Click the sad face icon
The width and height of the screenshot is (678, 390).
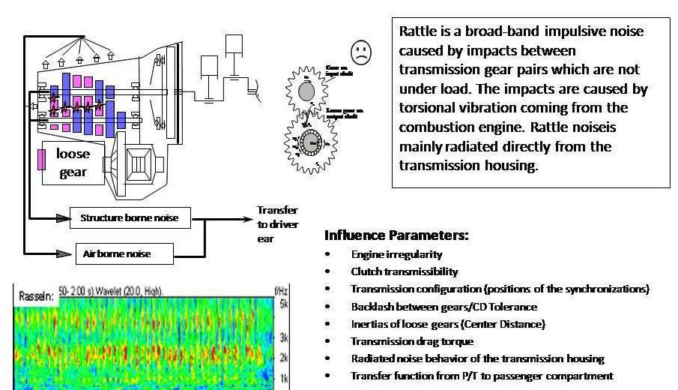(x=361, y=52)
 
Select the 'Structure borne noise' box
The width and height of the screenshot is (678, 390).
(x=130, y=219)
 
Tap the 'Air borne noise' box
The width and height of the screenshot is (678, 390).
(x=124, y=253)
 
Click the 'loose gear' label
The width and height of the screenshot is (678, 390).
(x=73, y=163)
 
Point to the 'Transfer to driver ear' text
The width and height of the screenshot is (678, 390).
(x=276, y=224)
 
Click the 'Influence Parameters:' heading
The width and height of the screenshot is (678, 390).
(x=396, y=235)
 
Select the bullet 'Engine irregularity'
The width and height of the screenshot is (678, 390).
(x=396, y=254)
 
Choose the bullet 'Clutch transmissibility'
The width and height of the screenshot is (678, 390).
(x=404, y=271)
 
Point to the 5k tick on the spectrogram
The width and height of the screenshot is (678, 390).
(x=284, y=304)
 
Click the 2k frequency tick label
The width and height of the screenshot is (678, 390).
(x=284, y=358)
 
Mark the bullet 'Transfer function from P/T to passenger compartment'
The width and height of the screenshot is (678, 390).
(x=482, y=376)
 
